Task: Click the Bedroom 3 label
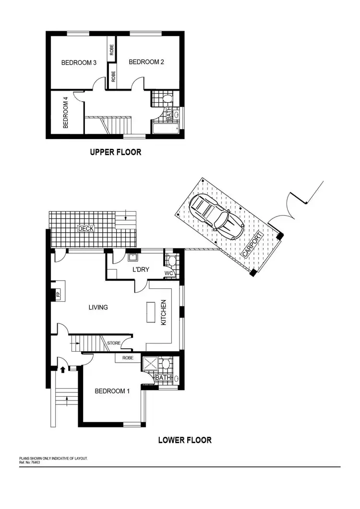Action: pos(79,62)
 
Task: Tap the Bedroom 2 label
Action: pos(146,61)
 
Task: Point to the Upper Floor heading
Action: pos(116,153)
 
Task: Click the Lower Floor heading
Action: pos(185,440)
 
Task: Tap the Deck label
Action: pos(86,229)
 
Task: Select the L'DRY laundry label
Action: pos(141,269)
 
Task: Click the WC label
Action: pos(168,273)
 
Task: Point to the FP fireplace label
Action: pos(58,295)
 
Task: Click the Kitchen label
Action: pos(163,313)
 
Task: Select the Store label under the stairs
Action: pos(113,343)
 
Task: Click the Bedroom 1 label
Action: pos(112,391)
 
